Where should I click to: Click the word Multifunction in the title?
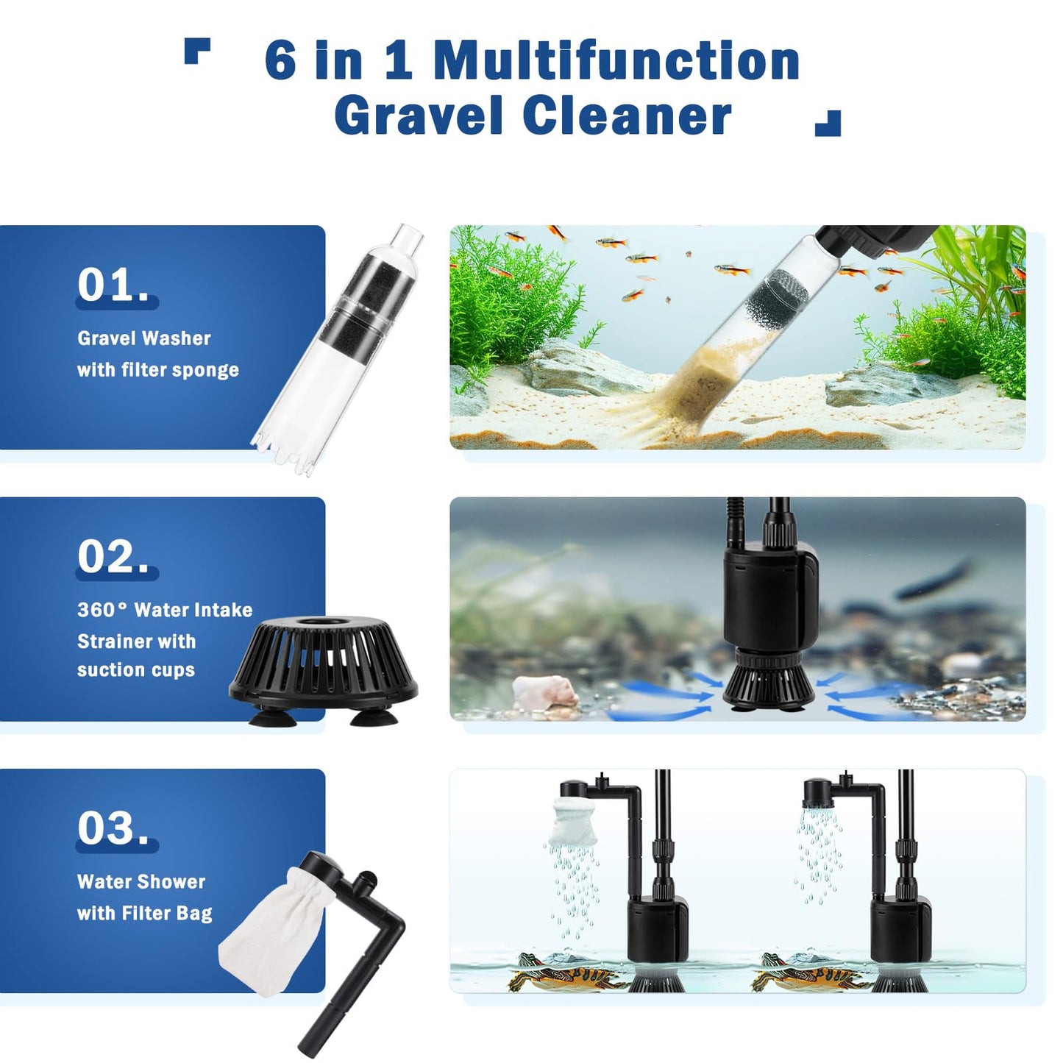coord(616,60)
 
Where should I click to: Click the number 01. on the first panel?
coord(114,285)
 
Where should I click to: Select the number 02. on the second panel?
coord(114,557)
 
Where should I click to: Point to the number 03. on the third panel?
coord(114,829)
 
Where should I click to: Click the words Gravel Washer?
coord(144,338)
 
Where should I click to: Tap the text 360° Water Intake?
coord(165,610)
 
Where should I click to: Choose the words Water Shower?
coord(141,881)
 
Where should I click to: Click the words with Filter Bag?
coord(145,914)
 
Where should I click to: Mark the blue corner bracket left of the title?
coord(196,51)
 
